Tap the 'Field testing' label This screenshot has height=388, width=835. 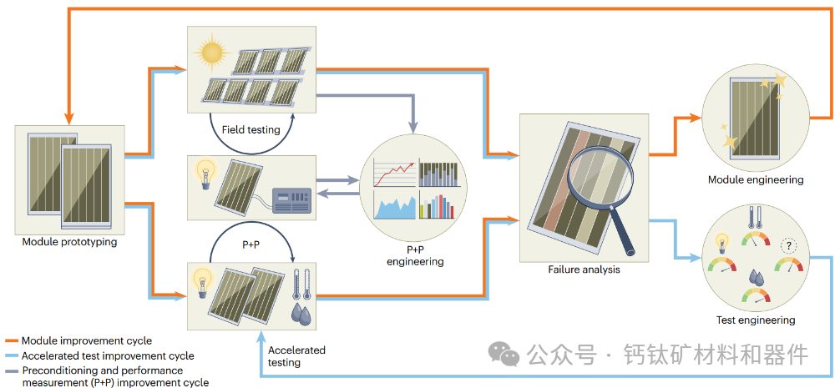[x=250, y=130]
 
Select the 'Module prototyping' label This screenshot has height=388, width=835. [x=70, y=243]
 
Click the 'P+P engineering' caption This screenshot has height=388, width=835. [x=415, y=254]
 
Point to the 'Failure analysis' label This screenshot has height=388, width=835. [x=584, y=270]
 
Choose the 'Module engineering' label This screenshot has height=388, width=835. [x=755, y=179]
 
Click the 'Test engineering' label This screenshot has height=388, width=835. [x=755, y=320]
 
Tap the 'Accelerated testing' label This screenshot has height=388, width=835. [x=296, y=356]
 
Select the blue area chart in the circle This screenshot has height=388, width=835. [x=393, y=206]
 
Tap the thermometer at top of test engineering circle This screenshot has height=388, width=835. [x=754, y=218]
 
